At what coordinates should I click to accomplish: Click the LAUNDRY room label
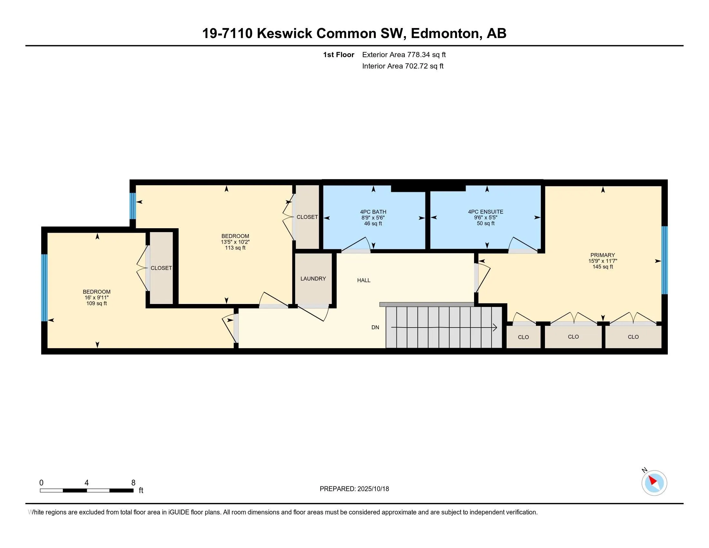click(x=313, y=279)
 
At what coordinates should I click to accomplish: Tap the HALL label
click(x=364, y=280)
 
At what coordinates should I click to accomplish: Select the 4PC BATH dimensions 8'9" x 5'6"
click(x=373, y=218)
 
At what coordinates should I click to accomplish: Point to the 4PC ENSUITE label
click(x=485, y=212)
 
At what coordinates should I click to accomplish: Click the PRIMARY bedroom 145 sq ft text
click(x=603, y=267)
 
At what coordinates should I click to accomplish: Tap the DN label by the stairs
click(x=375, y=327)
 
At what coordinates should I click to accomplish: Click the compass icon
click(x=654, y=483)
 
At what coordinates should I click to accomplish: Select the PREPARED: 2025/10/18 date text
click(x=354, y=489)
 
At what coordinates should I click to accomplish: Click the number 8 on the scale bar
click(x=133, y=483)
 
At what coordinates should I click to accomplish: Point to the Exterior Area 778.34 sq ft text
click(x=404, y=54)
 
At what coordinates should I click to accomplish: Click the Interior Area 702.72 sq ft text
click(x=403, y=66)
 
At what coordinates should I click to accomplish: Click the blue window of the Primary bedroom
click(x=665, y=260)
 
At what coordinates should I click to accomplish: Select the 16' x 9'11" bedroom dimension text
click(x=96, y=298)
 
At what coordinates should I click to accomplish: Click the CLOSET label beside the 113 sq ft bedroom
click(x=307, y=217)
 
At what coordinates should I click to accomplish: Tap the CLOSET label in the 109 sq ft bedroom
click(x=161, y=268)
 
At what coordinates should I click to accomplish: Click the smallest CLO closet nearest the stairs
click(x=523, y=337)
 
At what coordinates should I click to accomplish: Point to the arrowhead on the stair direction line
click(x=495, y=328)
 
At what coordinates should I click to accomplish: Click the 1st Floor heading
click(x=338, y=54)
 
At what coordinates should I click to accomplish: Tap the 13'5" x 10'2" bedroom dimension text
click(x=235, y=242)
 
